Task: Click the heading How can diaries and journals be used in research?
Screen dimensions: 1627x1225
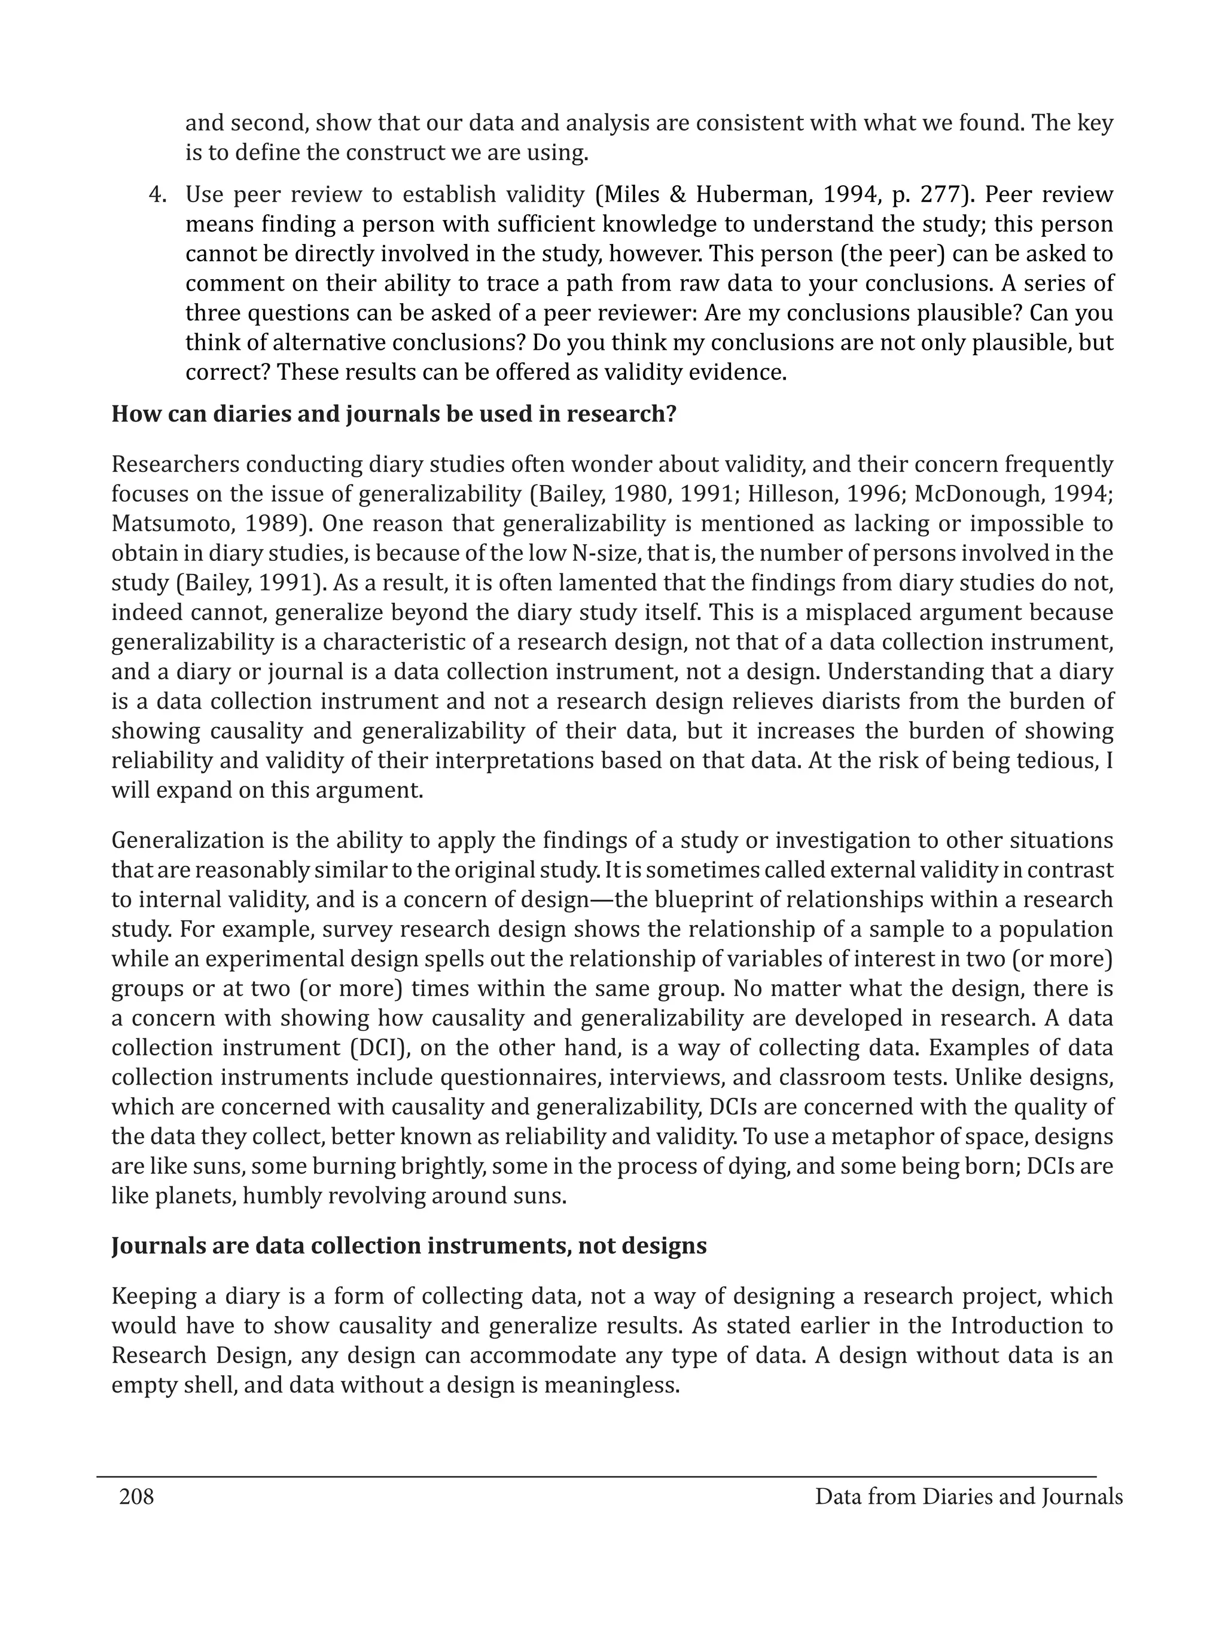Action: (x=394, y=414)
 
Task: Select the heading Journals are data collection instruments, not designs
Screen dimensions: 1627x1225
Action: (x=409, y=1246)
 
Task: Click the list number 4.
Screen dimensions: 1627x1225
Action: (x=157, y=195)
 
